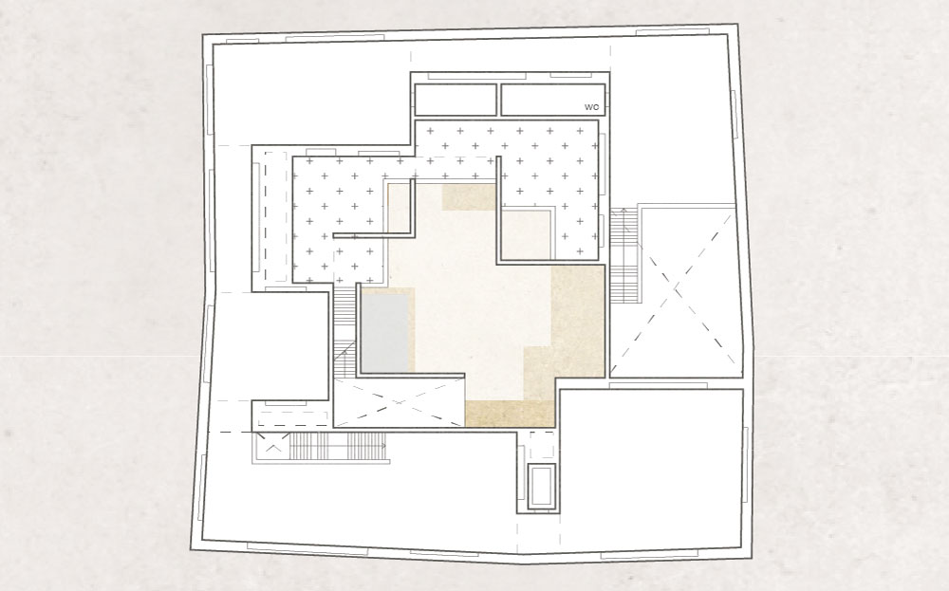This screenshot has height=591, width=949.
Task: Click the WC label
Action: pos(591,107)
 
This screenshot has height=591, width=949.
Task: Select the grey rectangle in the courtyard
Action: pos(385,332)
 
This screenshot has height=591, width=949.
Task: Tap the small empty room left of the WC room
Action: pos(456,100)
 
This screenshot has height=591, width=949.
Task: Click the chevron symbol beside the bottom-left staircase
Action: pos(273,449)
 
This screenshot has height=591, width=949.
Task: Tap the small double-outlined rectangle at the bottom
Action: pos(541,486)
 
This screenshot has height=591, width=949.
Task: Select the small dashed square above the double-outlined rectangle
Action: pos(542,445)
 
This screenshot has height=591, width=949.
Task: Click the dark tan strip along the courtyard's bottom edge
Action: pos(510,414)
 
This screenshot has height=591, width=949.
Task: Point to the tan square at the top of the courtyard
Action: pos(469,197)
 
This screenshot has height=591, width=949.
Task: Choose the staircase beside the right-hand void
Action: pos(624,255)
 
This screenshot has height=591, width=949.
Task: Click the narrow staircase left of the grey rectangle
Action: pos(344,332)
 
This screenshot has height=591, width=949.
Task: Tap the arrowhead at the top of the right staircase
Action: pos(624,212)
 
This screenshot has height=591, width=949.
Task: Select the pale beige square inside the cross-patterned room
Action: pos(525,234)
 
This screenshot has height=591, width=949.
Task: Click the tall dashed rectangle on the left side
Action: pos(275,216)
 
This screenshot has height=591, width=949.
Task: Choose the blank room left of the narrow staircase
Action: pos(270,346)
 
